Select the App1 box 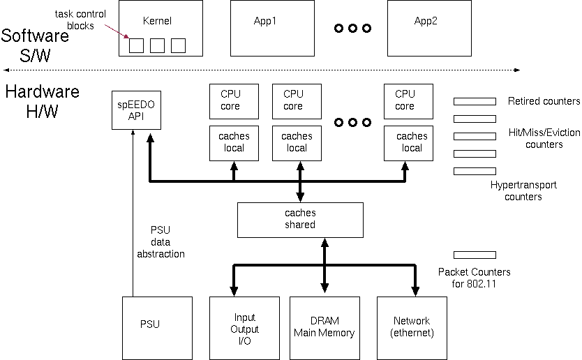[265, 28]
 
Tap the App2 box [426, 28]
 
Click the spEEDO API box [136, 110]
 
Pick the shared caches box [300, 219]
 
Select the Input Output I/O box [245, 329]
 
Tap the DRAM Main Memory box [324, 329]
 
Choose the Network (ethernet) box [412, 329]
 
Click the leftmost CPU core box [230, 100]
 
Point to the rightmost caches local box [412, 142]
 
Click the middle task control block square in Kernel [158, 45]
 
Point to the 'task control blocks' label [80, 20]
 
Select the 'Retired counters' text [544, 101]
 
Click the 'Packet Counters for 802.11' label [474, 278]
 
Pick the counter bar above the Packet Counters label [475, 255]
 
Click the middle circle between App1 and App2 [352, 29]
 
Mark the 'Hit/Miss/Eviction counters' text [544, 138]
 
